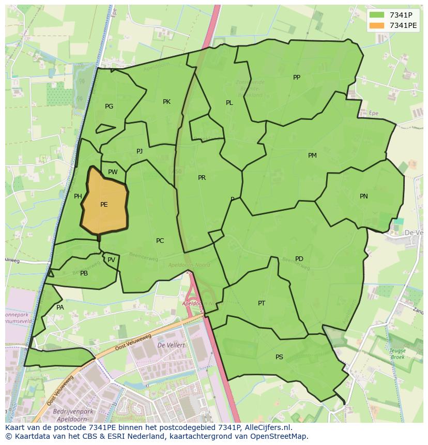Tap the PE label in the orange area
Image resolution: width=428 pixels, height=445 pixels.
(104, 205)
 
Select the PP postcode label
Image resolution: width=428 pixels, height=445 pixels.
(297, 78)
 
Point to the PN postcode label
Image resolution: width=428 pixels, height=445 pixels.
(364, 196)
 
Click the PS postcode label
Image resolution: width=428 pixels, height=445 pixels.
(279, 357)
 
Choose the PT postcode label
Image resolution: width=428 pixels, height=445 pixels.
(262, 303)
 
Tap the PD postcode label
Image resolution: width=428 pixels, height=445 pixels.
(299, 259)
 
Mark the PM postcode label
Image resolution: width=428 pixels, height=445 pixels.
(312, 156)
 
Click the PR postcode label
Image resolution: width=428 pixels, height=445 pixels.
(202, 178)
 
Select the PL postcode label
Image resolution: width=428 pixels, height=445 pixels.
(229, 103)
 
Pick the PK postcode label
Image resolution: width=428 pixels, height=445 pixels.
(166, 102)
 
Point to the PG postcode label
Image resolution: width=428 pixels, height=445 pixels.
(109, 106)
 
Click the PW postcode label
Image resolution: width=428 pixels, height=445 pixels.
(113, 172)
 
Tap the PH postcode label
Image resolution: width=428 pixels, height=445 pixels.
(78, 196)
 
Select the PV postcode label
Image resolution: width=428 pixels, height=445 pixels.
(111, 260)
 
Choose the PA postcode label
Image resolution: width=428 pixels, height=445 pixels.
(60, 308)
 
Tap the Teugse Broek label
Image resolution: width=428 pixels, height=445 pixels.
(398, 354)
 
